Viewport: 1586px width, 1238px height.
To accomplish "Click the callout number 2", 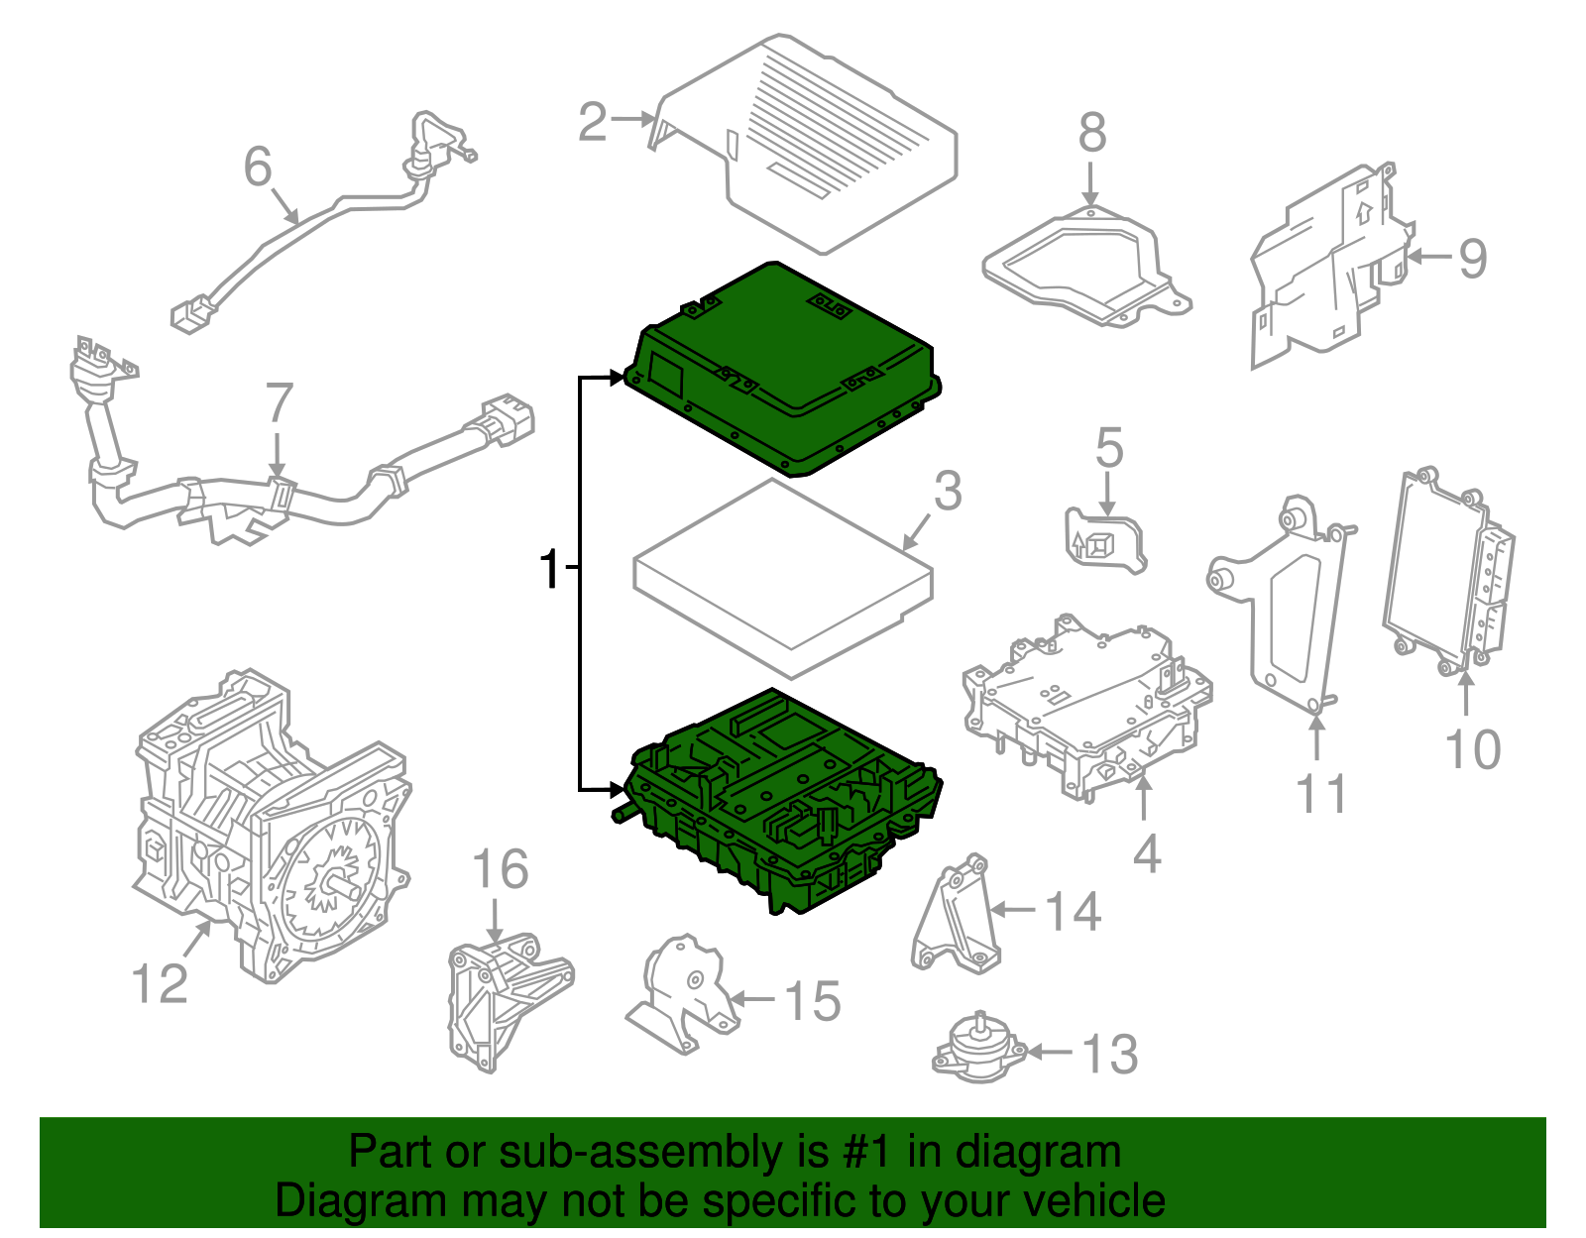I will tap(593, 123).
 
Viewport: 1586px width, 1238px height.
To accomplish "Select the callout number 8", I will tap(1091, 133).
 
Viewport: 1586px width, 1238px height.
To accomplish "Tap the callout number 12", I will tap(159, 984).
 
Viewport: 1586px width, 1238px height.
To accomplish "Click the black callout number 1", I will tap(550, 570).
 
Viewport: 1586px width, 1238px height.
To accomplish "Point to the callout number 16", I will tap(500, 870).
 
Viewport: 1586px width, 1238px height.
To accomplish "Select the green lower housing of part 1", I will tap(783, 803).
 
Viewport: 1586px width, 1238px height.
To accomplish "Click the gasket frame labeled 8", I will tap(1085, 263).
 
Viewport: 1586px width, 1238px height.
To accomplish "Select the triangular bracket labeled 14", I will tap(957, 917).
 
